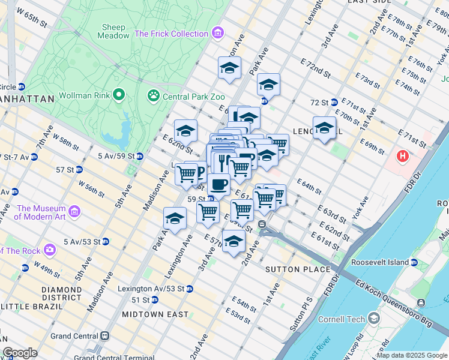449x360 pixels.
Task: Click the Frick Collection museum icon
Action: click(218, 34)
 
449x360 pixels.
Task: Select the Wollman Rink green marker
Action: click(119, 94)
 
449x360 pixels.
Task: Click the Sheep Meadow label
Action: click(113, 31)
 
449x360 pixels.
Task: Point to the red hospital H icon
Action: click(402, 157)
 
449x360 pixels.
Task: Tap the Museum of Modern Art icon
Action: click(74, 212)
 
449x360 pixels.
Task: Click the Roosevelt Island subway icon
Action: click(414, 262)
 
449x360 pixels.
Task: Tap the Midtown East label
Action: click(147, 314)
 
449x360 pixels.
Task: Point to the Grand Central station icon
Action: click(105, 336)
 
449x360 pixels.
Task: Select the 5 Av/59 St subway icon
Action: click(139, 156)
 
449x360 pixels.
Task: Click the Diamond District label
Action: click(61, 293)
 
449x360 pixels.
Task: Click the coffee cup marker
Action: click(219, 185)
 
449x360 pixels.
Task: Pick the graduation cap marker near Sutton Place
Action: click(234, 241)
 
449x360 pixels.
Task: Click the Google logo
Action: click(20, 353)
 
